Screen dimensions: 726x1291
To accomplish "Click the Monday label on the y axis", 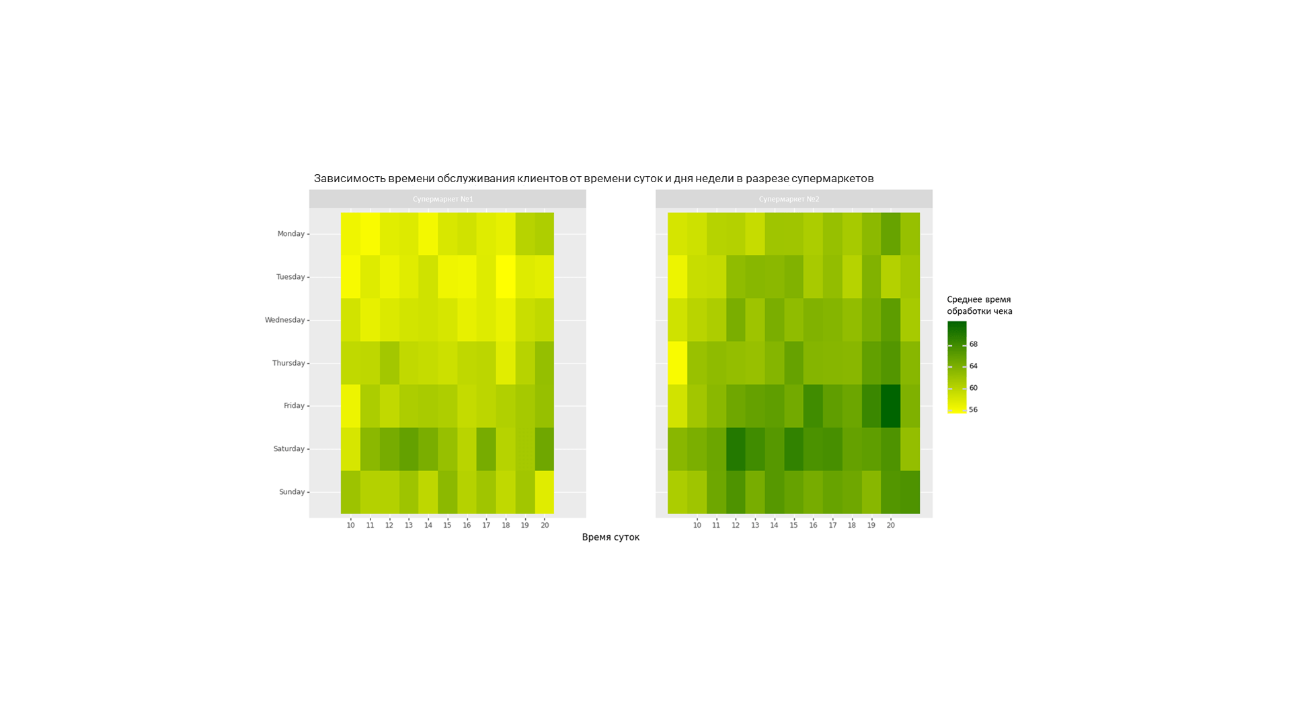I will [x=290, y=234].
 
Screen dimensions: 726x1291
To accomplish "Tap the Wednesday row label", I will [x=284, y=320].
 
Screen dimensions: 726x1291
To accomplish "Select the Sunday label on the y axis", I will [x=292, y=492].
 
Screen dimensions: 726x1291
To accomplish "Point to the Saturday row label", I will [x=288, y=449].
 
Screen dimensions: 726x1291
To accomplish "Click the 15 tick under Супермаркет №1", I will [x=447, y=525].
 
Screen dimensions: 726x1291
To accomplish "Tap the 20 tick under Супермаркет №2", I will [x=890, y=525].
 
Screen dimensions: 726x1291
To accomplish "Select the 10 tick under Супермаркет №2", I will [x=697, y=525].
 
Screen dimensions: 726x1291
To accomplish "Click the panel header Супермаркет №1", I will [x=443, y=199].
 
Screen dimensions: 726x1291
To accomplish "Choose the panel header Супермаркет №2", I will [x=789, y=199].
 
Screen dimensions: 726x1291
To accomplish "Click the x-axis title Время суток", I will [x=611, y=537].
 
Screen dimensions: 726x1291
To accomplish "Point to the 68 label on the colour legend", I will [x=973, y=344].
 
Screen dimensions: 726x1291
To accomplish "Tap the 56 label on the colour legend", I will [x=973, y=409].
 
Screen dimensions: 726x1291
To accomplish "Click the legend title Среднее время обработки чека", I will [x=979, y=305].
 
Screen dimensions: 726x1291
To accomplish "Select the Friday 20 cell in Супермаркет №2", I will [x=890, y=406].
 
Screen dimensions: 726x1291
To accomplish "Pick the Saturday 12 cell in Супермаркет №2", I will [x=736, y=449].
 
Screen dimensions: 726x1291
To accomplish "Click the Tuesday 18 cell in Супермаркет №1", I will [x=506, y=277].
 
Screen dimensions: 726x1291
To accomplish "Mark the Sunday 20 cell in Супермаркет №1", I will [x=545, y=492].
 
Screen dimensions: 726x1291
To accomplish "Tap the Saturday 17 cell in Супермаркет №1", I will [x=486, y=449].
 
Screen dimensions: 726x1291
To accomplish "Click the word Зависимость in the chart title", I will [x=350, y=178].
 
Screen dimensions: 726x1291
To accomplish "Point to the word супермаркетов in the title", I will [x=832, y=178].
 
